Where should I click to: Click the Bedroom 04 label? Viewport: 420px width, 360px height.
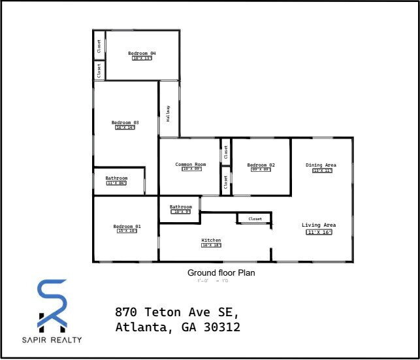142,53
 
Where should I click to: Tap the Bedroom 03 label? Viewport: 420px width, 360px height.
125,122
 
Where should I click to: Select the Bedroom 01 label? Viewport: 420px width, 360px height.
127,226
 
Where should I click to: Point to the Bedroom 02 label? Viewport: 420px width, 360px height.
261,165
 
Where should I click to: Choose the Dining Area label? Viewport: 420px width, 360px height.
321,165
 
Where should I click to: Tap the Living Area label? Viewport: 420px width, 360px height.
319,225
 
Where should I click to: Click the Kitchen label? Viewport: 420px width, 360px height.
211,240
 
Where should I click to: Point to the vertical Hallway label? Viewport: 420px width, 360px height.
168,114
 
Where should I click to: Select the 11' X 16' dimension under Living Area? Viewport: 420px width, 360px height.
319,232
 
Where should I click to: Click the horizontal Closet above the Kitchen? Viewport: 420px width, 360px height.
255,219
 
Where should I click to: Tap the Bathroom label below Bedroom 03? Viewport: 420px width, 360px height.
116,178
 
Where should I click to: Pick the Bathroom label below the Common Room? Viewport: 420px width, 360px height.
181,207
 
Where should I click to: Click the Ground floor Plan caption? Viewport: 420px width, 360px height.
221,272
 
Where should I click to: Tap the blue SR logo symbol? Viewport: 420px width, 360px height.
52,304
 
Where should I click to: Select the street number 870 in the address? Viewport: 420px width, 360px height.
127,311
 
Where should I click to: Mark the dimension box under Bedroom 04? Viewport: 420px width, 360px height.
142,58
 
